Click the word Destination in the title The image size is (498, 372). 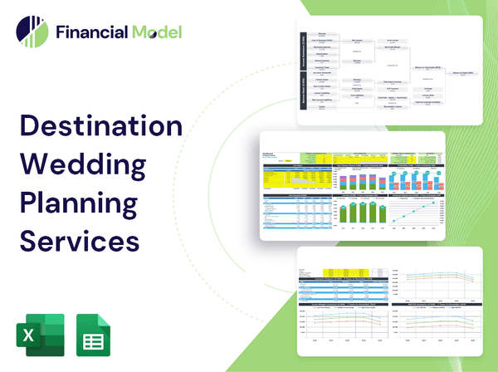(x=100, y=127)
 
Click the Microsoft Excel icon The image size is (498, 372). (x=36, y=334)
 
